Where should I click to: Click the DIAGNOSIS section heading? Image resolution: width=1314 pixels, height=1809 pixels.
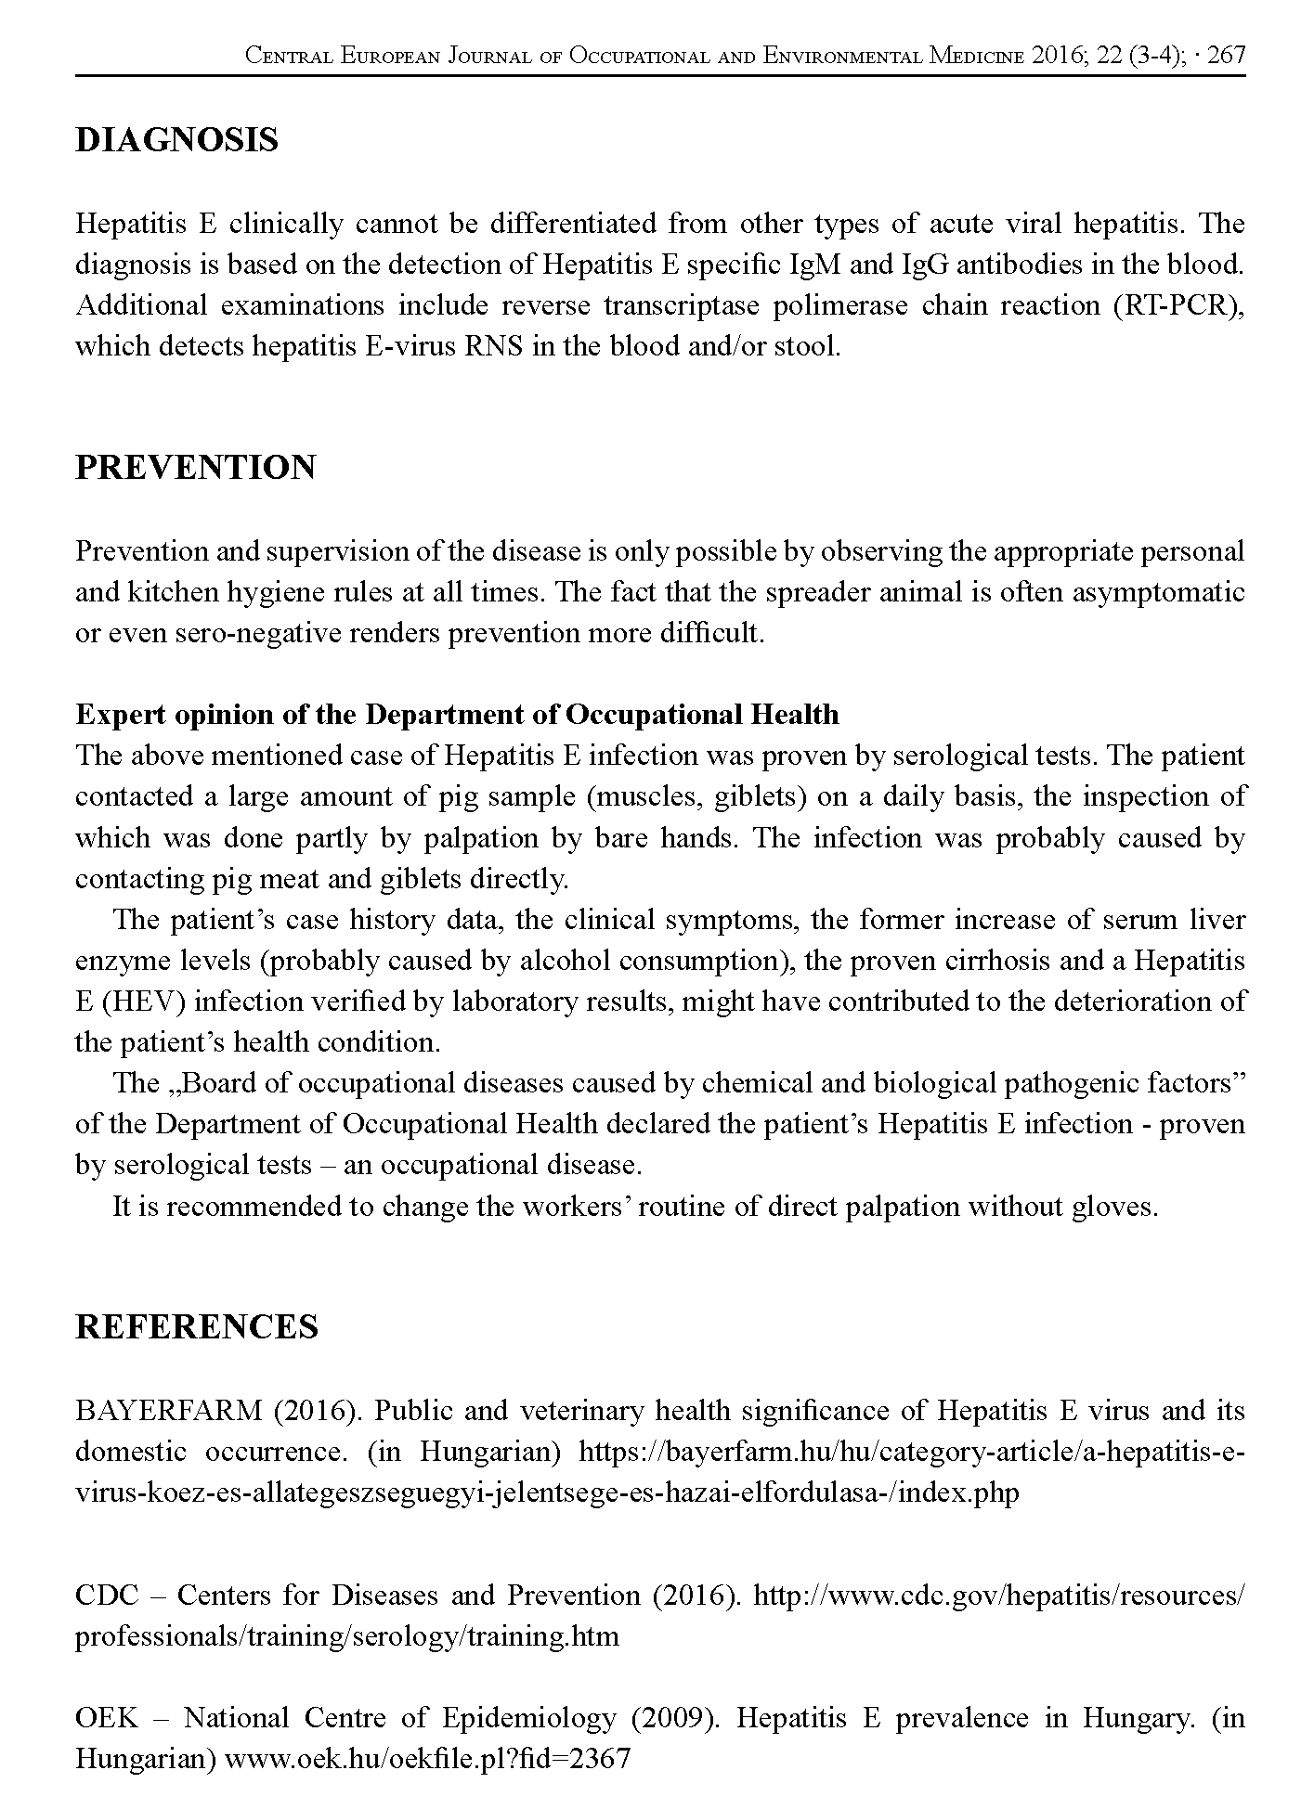tap(176, 140)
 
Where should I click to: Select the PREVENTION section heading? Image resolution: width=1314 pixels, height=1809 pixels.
tap(195, 467)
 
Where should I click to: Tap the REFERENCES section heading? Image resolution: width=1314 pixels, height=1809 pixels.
tap(196, 1326)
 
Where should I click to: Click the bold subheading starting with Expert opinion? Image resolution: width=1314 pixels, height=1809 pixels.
tap(457, 715)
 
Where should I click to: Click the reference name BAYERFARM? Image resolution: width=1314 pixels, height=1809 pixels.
tap(169, 1411)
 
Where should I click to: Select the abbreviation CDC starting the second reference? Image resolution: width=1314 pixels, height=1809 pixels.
tap(106, 1596)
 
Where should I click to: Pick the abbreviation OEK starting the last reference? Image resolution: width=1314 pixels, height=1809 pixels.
tap(106, 1718)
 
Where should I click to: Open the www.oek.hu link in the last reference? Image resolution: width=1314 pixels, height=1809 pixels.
tap(428, 1759)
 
